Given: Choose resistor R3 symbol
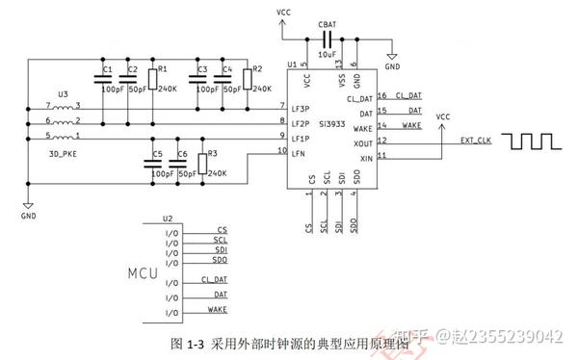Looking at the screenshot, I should pyautogui.click(x=202, y=163).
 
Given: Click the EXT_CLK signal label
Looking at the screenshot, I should pyautogui.click(x=476, y=141).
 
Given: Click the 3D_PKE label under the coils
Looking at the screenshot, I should pyautogui.click(x=64, y=154).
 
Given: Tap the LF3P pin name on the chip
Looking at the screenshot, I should pyautogui.click(x=301, y=109).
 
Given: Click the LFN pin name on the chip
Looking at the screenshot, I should pyautogui.click(x=298, y=152).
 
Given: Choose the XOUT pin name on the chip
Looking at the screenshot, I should pyautogui.click(x=362, y=141).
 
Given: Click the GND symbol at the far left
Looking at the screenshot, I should pyautogui.click(x=28, y=211).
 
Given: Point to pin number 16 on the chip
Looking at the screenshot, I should pyautogui.click(x=382, y=95).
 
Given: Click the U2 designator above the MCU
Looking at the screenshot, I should pyautogui.click(x=168, y=219).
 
